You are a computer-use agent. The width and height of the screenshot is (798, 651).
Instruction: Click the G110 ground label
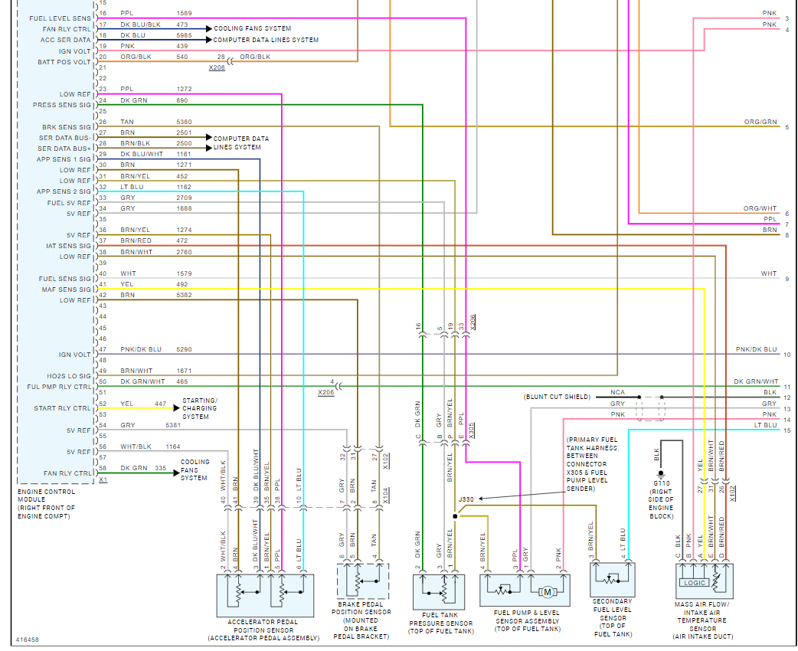click(x=662, y=484)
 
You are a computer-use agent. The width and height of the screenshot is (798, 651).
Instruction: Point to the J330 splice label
click(x=466, y=499)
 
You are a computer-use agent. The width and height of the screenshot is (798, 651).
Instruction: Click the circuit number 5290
click(x=185, y=349)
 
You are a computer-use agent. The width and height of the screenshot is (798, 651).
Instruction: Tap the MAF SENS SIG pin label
click(x=64, y=290)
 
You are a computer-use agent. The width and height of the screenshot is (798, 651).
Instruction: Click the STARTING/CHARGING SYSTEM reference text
click(x=200, y=408)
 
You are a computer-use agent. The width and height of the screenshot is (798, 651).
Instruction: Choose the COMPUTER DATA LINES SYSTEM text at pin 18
click(x=266, y=40)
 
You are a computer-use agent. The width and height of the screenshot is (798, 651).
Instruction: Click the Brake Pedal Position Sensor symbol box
click(x=362, y=582)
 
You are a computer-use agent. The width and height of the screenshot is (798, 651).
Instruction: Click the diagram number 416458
click(x=28, y=639)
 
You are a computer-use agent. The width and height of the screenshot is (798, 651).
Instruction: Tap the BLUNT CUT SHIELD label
click(x=557, y=397)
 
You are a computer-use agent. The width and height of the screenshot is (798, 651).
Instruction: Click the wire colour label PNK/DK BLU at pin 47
click(x=141, y=349)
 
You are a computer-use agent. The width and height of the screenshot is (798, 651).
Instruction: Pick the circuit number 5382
click(x=185, y=295)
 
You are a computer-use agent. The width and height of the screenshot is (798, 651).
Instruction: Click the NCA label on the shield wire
click(x=617, y=392)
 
